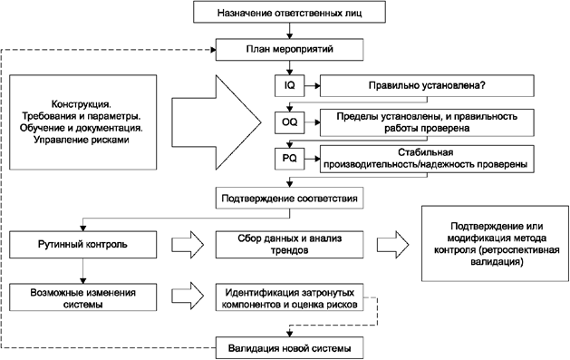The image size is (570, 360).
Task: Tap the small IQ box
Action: [x=289, y=84]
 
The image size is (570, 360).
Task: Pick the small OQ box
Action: [x=289, y=122]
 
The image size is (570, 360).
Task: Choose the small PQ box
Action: [x=289, y=159]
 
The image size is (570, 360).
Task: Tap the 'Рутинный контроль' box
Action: [x=82, y=245]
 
